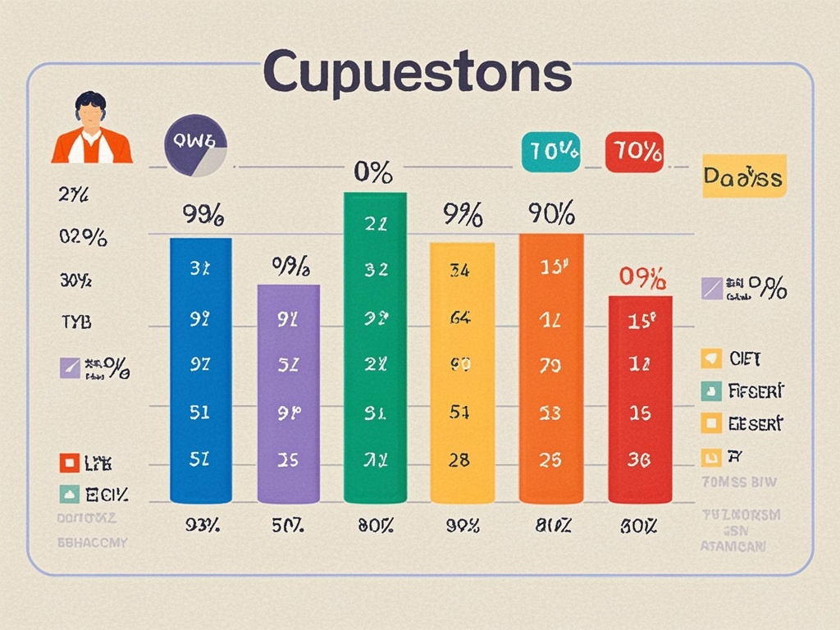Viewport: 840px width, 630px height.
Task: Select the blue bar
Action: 200,369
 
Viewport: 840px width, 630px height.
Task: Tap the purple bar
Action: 289,394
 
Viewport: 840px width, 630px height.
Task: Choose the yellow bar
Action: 463,372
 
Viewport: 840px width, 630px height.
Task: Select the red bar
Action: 640,399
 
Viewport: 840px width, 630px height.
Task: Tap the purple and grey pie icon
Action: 196,146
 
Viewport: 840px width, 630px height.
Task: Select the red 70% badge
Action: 635,152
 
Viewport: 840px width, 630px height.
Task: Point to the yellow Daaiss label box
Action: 744,176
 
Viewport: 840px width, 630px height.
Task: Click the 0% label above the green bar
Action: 373,172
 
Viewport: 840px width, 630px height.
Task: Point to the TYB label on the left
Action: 75,322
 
